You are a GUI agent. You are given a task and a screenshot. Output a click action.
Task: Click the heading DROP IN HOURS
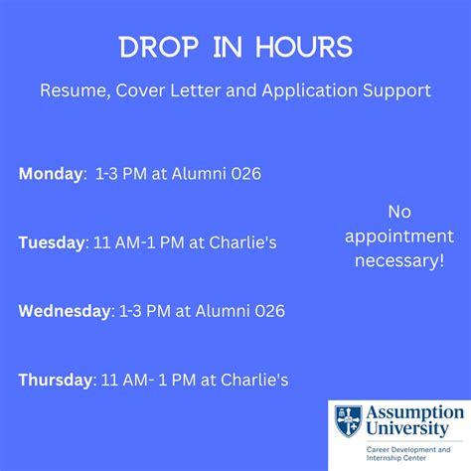[235, 49]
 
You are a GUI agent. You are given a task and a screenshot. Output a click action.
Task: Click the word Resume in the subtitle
[69, 90]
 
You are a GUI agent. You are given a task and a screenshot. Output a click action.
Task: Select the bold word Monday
[52, 175]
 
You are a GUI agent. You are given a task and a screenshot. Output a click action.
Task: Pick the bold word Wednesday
[65, 311]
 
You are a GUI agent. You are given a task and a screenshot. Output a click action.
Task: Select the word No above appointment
[398, 212]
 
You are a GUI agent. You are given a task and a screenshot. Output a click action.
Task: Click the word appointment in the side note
[398, 235]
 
